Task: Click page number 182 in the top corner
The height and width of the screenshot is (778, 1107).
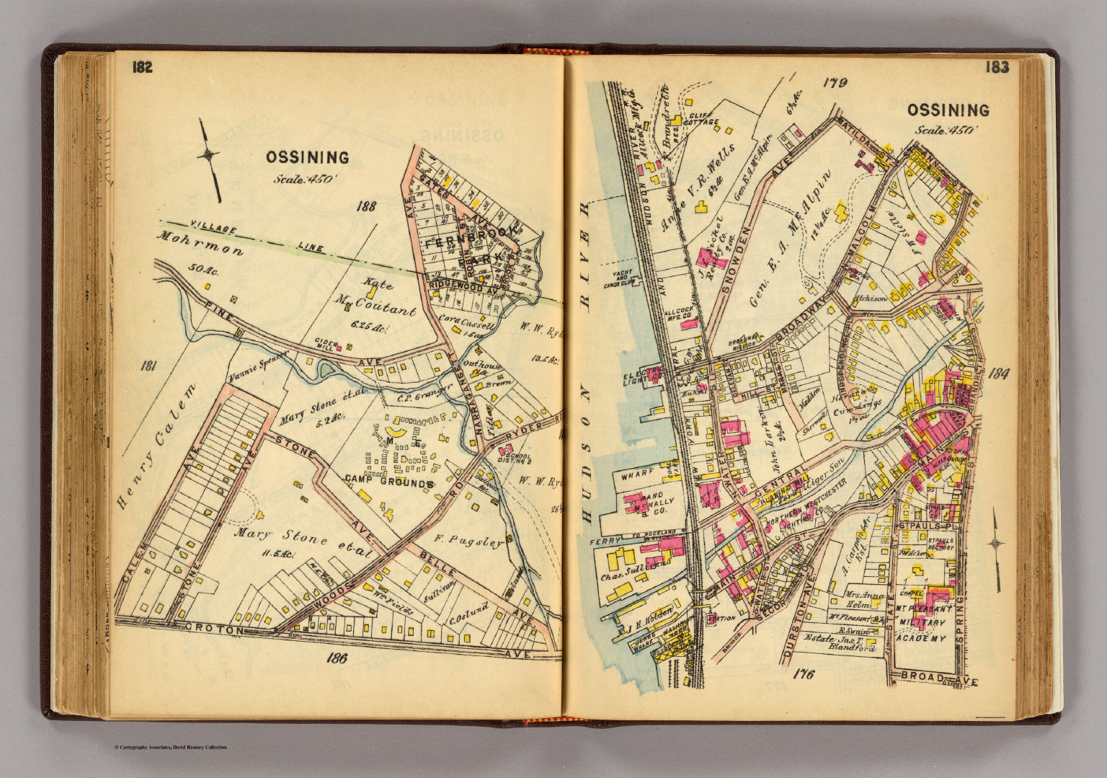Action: [x=142, y=68]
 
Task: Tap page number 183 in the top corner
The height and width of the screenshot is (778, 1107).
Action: [x=997, y=68]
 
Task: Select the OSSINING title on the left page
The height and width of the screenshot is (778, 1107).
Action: [x=307, y=157]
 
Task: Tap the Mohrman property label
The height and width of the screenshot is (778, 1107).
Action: [x=201, y=245]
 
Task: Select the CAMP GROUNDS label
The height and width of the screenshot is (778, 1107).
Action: [x=388, y=481]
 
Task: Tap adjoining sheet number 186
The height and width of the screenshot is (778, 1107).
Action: [x=337, y=657]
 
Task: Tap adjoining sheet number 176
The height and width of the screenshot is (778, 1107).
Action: [x=802, y=674]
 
